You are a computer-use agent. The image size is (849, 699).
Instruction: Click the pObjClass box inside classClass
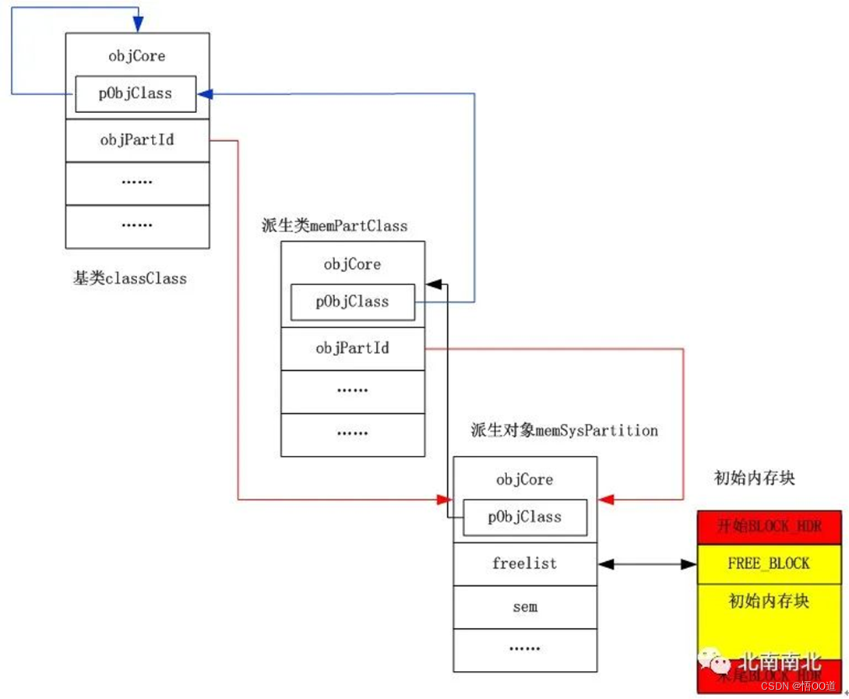[x=136, y=94]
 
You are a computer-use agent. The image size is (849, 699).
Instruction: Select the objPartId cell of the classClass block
[x=137, y=140]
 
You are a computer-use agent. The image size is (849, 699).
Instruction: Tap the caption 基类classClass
[x=130, y=278]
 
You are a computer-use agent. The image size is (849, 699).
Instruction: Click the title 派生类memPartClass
[x=335, y=226]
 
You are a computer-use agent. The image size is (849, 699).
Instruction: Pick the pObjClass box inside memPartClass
[x=352, y=302]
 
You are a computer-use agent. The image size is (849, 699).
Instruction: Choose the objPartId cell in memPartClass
[x=352, y=348]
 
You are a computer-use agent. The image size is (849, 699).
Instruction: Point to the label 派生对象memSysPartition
[x=564, y=430]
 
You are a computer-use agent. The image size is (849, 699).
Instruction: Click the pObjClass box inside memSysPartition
[x=525, y=517]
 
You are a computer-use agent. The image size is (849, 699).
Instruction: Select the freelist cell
[x=525, y=563]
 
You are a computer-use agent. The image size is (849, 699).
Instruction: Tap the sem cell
[x=525, y=606]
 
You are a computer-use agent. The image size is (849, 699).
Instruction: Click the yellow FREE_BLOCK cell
[x=768, y=563]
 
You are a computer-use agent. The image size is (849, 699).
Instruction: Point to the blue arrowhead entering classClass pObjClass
[x=204, y=94]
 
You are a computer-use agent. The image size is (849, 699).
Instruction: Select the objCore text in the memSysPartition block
[x=525, y=479]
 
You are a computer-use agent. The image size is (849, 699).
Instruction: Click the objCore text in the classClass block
[x=137, y=56]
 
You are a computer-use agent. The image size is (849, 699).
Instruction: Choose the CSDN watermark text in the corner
[x=799, y=686]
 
